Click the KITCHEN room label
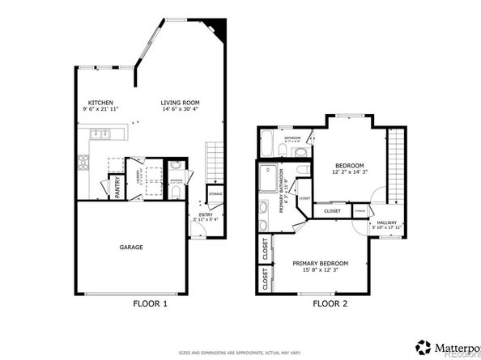(x=100, y=103)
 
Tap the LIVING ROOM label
(x=180, y=103)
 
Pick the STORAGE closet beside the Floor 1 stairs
(x=215, y=194)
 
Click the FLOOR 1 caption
(x=150, y=305)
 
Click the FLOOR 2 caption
(x=330, y=305)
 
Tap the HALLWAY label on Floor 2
(x=386, y=223)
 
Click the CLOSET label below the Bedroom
(x=332, y=211)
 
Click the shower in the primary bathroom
(x=267, y=177)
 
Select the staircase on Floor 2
(x=395, y=166)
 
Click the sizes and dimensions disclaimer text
(x=240, y=353)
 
